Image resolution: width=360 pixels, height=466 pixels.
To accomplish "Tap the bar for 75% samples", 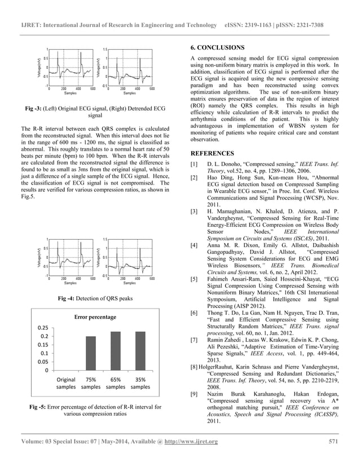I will [91, 353].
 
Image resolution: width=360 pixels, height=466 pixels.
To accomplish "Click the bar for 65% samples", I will [116, 351].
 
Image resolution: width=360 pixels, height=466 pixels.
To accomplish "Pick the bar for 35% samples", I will [141, 351].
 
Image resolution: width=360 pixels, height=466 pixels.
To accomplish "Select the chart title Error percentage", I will [95, 317].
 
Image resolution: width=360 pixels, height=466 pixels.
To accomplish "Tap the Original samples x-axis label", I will [66, 384].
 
